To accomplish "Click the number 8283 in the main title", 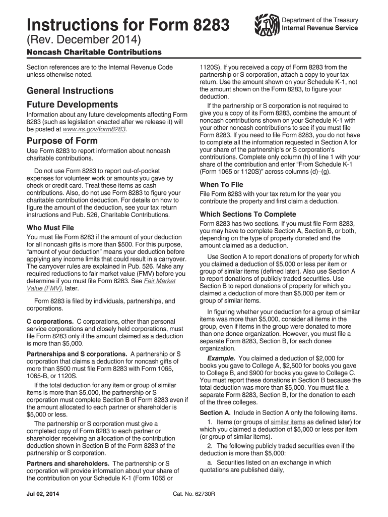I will pos(208,25).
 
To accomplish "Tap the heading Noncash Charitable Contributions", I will pos(94,53).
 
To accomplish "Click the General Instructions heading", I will pos(70,91).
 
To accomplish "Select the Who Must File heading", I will pos(50,228).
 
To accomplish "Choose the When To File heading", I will pos(221,185).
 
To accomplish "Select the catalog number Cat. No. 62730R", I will pos(194,493).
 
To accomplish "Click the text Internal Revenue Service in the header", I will pos(319,28).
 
